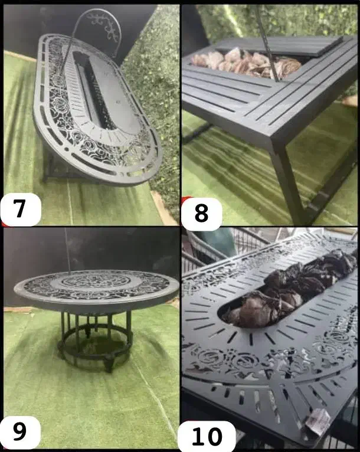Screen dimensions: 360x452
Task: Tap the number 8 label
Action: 201,213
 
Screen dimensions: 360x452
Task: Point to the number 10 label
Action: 207,436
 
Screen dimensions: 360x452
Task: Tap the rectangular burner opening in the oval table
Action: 92,89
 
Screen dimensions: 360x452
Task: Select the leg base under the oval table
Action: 58,167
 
